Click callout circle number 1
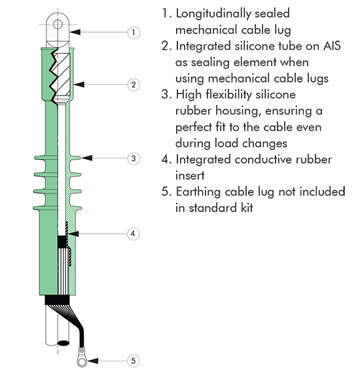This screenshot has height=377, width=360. coord(134,32)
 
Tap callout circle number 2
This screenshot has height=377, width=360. coord(134,84)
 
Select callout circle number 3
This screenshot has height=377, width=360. coord(134,158)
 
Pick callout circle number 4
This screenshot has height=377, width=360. coord(134,234)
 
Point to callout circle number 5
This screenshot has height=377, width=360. coord(134,361)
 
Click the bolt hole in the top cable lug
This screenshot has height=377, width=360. coord(58,24)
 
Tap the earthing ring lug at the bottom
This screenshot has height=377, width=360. coord(82,357)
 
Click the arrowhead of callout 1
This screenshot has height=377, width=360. coord(75,31)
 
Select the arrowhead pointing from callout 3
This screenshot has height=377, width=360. coord(87,158)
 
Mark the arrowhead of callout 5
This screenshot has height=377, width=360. coord(92,361)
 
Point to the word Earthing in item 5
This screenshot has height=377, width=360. coord(198,192)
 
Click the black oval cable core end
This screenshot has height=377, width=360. coord(63,342)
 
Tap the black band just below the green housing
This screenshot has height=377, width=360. coord(57,300)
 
